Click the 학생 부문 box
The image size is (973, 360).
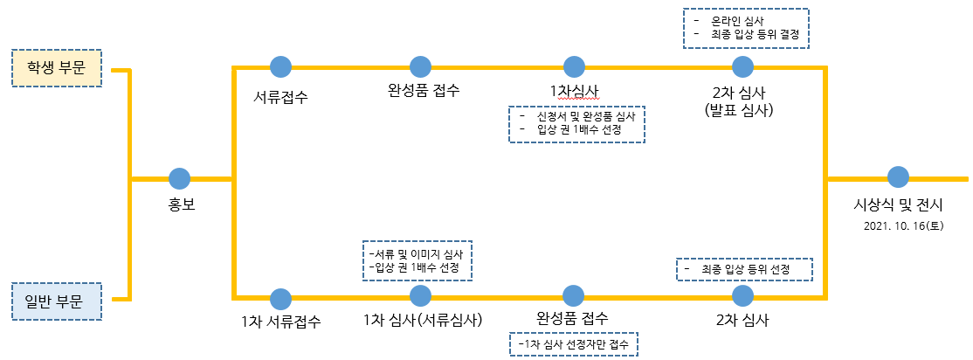coord(56,68)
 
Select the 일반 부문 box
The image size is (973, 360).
coord(56,302)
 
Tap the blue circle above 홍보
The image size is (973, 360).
coord(179,178)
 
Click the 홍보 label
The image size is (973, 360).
coord(180,209)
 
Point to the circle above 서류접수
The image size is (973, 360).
coord(280,66)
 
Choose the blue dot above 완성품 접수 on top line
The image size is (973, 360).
coord(421,66)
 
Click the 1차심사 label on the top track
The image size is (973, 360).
coord(574,91)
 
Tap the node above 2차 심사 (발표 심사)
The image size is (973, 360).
coord(742,66)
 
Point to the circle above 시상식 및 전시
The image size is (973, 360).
coord(898,177)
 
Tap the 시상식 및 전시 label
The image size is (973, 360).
coord(899,206)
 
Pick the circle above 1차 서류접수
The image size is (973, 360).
coord(280,296)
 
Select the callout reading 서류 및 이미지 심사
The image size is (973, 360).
coord(417,253)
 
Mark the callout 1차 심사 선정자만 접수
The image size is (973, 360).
coord(575,345)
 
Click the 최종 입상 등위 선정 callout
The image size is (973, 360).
coord(745,269)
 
